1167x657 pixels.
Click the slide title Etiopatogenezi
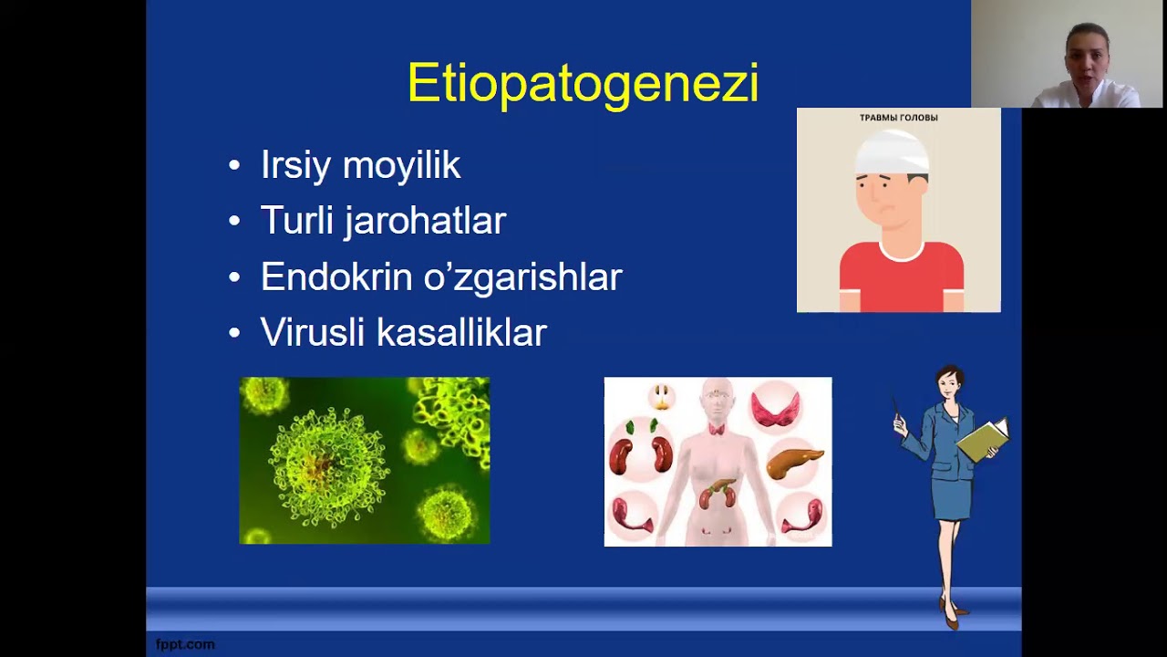tap(583, 84)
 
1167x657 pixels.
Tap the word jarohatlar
tap(424, 222)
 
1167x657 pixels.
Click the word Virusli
tap(313, 333)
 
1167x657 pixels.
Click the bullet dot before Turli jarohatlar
tap(234, 222)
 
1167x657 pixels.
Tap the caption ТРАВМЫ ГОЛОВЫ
tap(898, 118)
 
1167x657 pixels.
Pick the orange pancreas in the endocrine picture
tap(793, 463)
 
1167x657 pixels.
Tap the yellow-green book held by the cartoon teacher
tap(983, 440)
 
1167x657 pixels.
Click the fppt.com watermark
tap(185, 644)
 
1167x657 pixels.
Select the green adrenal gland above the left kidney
tap(630, 427)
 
